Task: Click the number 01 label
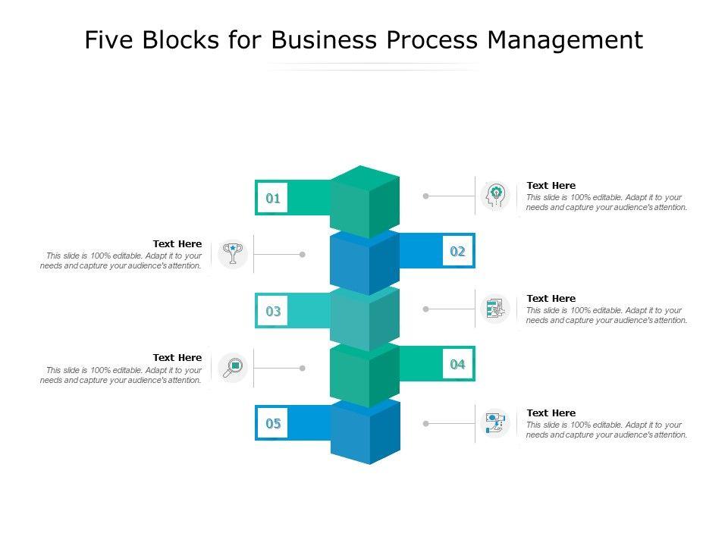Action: (x=273, y=199)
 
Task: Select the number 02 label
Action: (x=457, y=251)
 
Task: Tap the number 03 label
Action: (x=273, y=311)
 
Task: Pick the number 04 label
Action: (x=457, y=364)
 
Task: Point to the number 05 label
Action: (x=273, y=423)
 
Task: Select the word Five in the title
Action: (x=108, y=40)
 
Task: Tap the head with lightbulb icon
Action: (x=496, y=196)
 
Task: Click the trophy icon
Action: (x=233, y=254)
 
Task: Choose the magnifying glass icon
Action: (x=233, y=368)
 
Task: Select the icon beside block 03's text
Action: (x=496, y=309)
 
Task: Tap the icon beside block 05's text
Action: (x=496, y=423)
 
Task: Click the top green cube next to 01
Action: (x=365, y=201)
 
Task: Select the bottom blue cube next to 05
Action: (x=365, y=432)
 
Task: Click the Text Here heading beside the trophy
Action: (x=177, y=243)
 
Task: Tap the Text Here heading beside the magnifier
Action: (x=177, y=357)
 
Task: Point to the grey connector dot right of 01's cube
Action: (x=426, y=196)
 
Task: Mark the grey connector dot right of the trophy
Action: (x=302, y=255)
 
